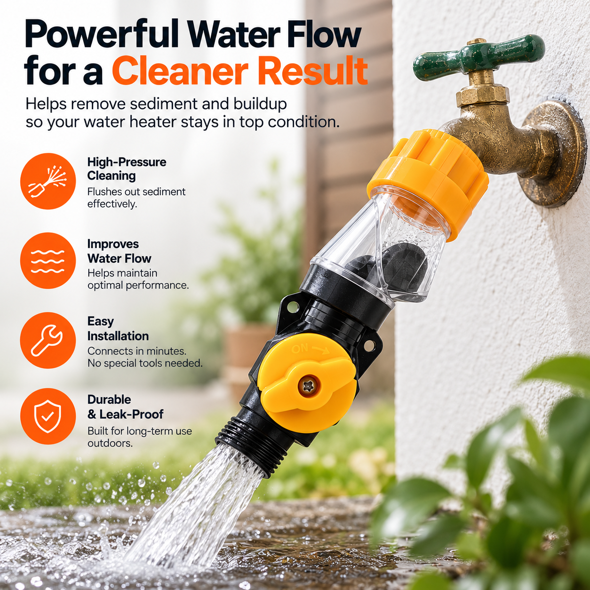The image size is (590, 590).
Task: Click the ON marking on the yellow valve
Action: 300,349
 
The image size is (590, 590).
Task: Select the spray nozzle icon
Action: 48,181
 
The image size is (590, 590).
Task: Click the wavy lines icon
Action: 48,261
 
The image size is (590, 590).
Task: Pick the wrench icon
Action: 48,340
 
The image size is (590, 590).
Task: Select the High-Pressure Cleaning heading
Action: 127,169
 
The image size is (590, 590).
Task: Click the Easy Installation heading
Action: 118,328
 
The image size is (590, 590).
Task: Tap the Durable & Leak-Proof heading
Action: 125,407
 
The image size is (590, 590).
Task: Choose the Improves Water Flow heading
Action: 119,251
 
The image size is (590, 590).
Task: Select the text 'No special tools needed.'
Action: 145,363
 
